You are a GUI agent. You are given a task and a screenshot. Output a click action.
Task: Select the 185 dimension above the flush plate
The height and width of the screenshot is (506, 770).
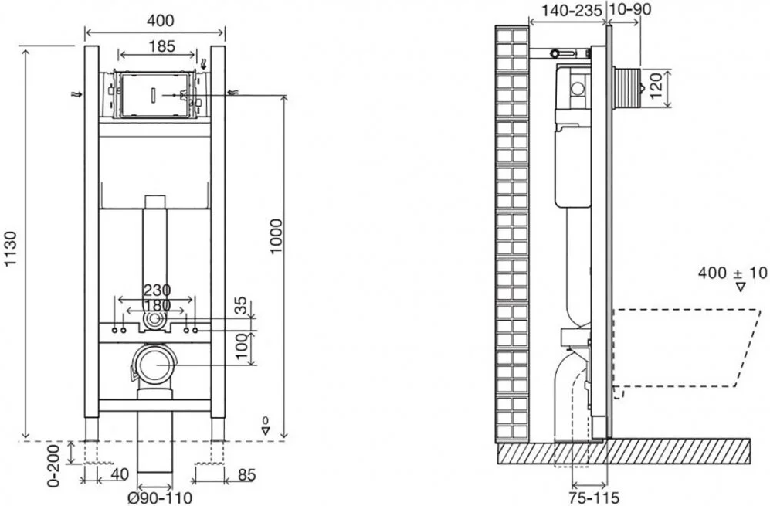coord(162,46)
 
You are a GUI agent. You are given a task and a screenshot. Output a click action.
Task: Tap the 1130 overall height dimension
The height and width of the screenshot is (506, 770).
coord(10,249)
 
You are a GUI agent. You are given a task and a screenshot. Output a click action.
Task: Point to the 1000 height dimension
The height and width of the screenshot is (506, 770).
coord(276,236)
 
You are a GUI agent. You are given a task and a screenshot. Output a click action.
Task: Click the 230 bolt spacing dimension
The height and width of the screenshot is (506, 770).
coord(157,290)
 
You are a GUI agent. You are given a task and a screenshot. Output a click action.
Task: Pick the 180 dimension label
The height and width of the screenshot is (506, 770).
coord(157,305)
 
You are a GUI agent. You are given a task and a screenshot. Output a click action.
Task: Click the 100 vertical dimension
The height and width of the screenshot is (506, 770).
coord(241,346)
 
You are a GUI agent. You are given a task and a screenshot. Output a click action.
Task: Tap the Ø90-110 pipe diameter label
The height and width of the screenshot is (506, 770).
coord(160,498)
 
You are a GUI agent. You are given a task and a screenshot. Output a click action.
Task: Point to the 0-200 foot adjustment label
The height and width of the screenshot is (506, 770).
coord(54,466)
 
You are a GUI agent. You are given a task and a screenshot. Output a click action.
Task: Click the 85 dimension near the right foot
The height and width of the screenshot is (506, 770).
coord(246,474)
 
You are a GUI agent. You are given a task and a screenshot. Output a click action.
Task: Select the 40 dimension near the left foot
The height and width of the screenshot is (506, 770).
coord(120,474)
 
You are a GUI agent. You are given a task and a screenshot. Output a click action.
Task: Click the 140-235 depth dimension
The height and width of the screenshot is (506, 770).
coord(572,10)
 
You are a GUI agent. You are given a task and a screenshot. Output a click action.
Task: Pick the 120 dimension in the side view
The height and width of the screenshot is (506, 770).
coord(656,85)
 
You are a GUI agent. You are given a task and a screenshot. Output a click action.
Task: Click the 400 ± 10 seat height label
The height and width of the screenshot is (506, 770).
coord(732,273)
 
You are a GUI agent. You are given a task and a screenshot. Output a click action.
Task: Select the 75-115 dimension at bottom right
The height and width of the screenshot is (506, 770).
coord(594,498)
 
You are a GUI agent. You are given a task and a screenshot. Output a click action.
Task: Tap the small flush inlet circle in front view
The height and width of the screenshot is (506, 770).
coord(154,319)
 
